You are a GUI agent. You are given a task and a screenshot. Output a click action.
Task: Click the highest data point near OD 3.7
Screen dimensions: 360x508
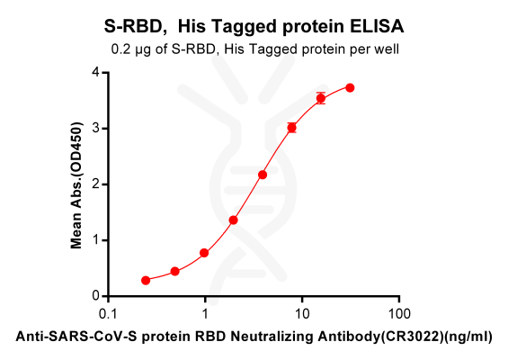350,87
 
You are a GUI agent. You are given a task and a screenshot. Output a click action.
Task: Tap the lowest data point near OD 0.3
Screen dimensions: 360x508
146,280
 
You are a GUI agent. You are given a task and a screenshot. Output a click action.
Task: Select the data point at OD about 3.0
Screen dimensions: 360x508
291,128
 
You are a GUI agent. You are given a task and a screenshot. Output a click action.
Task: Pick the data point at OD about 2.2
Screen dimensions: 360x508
263,175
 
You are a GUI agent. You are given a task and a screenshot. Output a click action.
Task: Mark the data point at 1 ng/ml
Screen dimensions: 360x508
204,253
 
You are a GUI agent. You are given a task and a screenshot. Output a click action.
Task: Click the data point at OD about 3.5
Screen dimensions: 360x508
321,98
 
